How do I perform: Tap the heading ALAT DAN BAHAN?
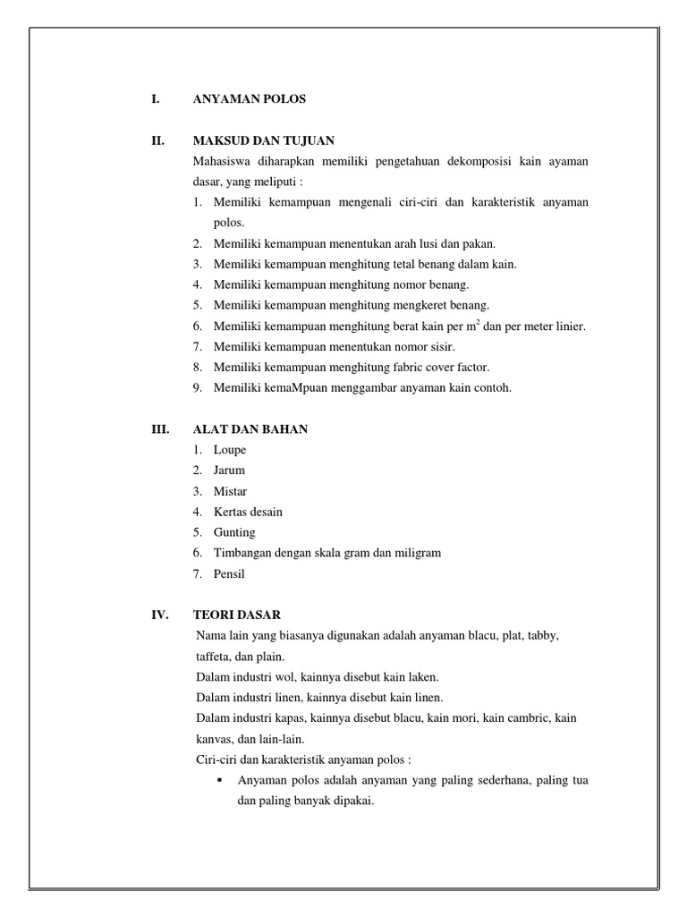click(x=250, y=429)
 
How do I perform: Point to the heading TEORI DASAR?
click(x=237, y=615)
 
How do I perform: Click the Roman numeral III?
click(x=160, y=429)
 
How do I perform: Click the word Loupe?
click(x=230, y=450)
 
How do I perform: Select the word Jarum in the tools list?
click(x=229, y=471)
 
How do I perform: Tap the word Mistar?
click(x=231, y=491)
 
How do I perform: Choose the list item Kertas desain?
click(x=248, y=512)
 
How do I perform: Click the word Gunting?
click(x=234, y=532)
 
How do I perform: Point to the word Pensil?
click(x=229, y=573)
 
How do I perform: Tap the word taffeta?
click(x=213, y=656)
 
